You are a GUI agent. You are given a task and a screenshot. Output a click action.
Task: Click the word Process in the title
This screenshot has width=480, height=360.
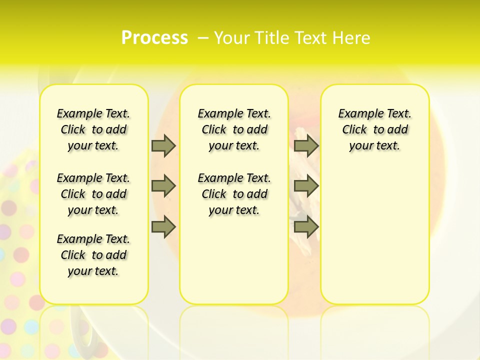(x=154, y=37)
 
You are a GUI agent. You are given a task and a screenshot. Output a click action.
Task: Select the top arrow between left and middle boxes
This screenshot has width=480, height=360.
(x=163, y=146)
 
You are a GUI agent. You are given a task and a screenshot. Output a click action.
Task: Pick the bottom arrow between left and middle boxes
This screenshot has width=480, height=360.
(x=163, y=227)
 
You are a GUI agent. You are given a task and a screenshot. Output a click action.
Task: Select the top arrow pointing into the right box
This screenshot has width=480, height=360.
(x=306, y=146)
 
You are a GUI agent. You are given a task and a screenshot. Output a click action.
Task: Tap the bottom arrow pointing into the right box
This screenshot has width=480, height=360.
(x=306, y=227)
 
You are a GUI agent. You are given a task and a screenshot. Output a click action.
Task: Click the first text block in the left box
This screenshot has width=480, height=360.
(x=93, y=129)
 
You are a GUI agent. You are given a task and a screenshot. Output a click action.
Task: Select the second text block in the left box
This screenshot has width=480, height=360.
(x=93, y=194)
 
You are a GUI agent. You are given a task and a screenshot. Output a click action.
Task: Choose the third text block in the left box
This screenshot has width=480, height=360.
(x=93, y=255)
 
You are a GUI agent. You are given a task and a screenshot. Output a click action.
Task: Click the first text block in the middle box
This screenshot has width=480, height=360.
(x=234, y=129)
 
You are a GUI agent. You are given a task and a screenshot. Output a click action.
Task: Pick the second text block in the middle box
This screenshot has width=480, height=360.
(x=234, y=194)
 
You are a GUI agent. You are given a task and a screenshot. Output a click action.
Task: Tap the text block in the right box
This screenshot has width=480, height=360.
(x=374, y=129)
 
